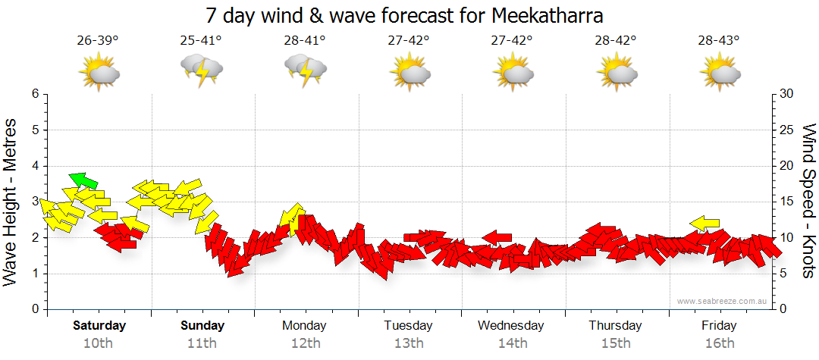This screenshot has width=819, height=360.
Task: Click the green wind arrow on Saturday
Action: (83, 180)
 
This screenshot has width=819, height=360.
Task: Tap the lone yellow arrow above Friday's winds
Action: (704, 223)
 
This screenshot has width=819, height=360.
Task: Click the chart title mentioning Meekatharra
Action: (409, 15)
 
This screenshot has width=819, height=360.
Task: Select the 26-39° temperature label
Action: (98, 40)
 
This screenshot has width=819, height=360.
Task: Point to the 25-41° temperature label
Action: (201, 40)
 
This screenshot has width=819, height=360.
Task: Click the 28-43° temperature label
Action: (719, 40)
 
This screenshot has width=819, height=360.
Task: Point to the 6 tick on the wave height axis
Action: (34, 94)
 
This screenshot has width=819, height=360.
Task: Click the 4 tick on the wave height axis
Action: (34, 166)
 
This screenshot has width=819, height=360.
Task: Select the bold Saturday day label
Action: (99, 326)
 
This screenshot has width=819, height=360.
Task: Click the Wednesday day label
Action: (511, 326)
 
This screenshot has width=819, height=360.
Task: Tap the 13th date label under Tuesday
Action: (409, 343)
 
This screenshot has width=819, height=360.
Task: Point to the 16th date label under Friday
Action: (719, 343)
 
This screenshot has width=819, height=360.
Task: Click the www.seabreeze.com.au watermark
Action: (723, 301)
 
